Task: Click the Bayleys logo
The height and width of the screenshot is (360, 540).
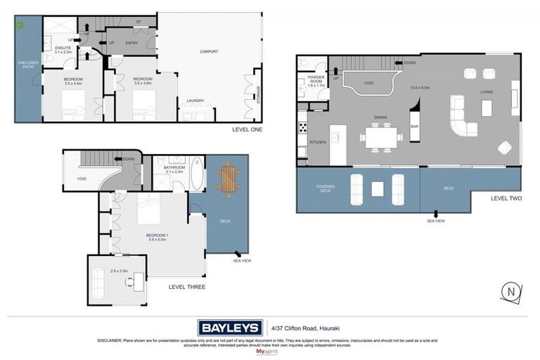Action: (229, 327)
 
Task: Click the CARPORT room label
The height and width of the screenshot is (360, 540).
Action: (209, 51)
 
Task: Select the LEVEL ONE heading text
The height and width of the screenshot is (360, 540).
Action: (247, 129)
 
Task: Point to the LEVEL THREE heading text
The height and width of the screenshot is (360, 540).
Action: (186, 286)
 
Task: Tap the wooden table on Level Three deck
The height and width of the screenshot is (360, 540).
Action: (228, 178)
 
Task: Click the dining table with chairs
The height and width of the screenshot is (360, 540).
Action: (380, 136)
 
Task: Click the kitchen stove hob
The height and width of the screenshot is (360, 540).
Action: (303, 128)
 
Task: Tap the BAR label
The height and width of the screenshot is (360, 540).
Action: (415, 126)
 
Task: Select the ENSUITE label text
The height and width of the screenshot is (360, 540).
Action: (64, 48)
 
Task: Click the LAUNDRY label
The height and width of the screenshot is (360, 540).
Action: (195, 101)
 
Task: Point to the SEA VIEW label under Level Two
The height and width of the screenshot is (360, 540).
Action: (436, 221)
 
